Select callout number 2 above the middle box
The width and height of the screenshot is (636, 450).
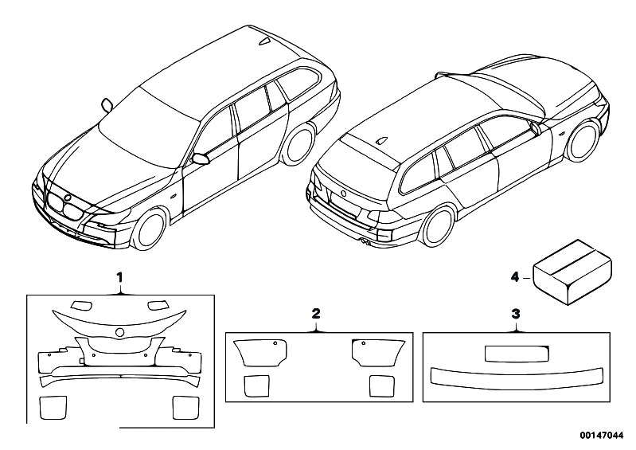[315, 315]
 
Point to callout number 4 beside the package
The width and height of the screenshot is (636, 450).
[513, 276]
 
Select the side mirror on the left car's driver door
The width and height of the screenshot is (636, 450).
[201, 158]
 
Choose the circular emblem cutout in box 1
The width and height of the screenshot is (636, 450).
[119, 332]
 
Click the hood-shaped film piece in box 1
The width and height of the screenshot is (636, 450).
[119, 319]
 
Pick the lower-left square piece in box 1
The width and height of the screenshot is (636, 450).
[53, 407]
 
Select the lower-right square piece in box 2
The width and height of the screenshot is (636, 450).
[382, 385]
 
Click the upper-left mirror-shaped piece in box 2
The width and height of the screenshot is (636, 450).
[259, 351]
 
